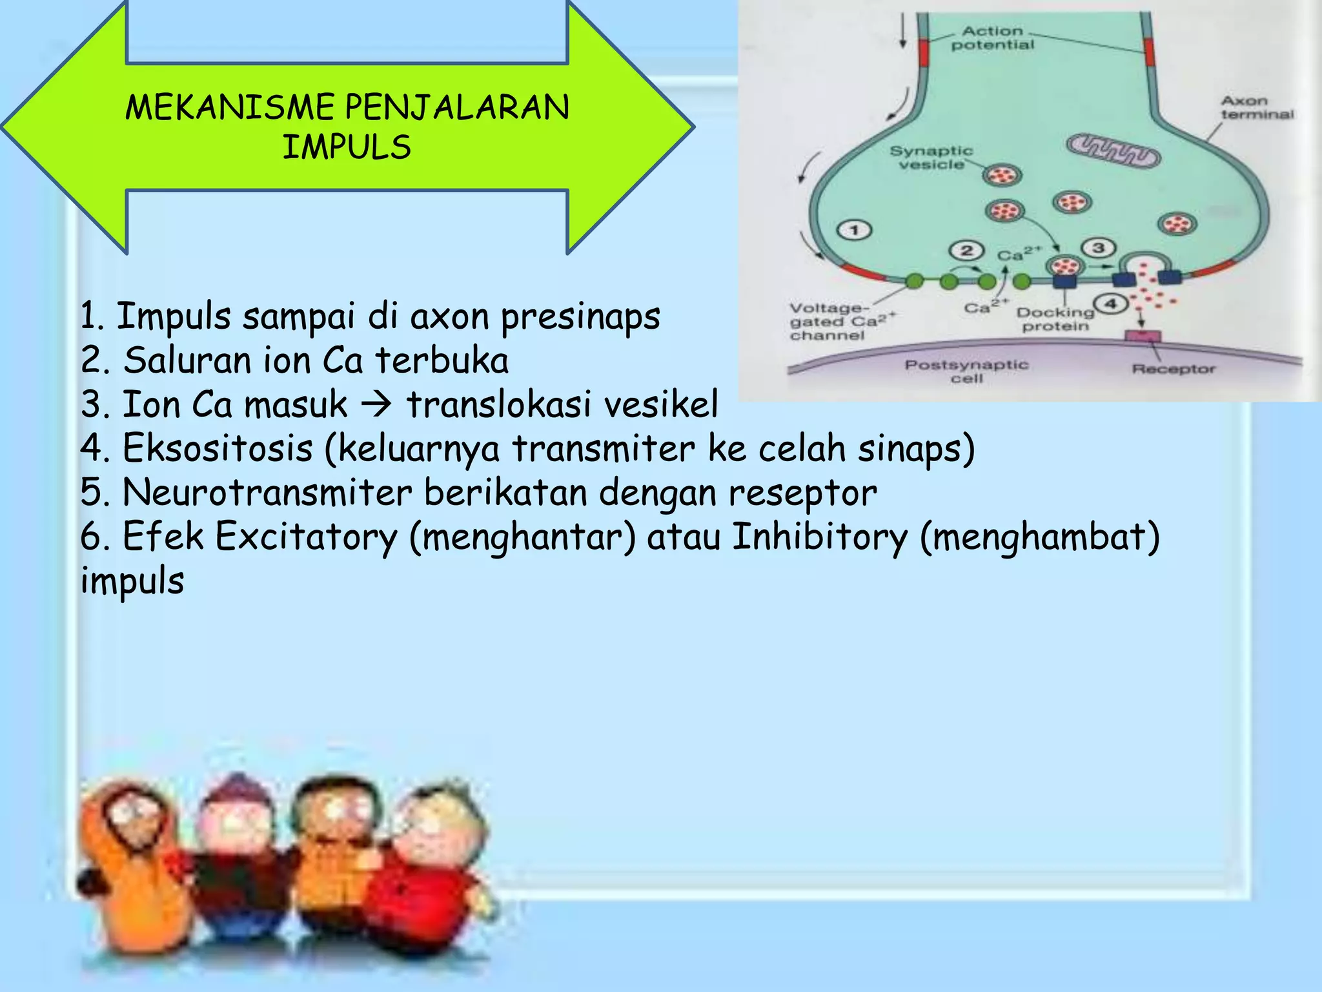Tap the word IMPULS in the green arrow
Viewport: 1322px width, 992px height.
(x=347, y=147)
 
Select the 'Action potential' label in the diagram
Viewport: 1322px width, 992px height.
(x=992, y=38)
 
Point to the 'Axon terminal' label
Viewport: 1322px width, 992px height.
(x=1256, y=108)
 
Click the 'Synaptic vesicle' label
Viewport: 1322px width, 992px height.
(x=931, y=158)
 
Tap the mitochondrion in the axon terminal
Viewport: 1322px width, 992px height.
(x=1112, y=152)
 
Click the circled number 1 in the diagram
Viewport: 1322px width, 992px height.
(x=854, y=230)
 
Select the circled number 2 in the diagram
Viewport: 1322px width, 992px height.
(x=966, y=251)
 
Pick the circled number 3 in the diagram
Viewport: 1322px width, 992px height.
(x=1098, y=247)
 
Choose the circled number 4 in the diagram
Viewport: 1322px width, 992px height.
(x=1110, y=303)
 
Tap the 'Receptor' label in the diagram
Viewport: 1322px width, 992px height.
(x=1173, y=369)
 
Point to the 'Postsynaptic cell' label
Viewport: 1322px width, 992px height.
(x=966, y=371)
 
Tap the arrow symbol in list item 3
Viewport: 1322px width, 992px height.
(x=376, y=405)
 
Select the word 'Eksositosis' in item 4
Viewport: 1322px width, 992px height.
(x=218, y=448)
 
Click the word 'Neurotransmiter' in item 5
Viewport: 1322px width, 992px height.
(x=267, y=493)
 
